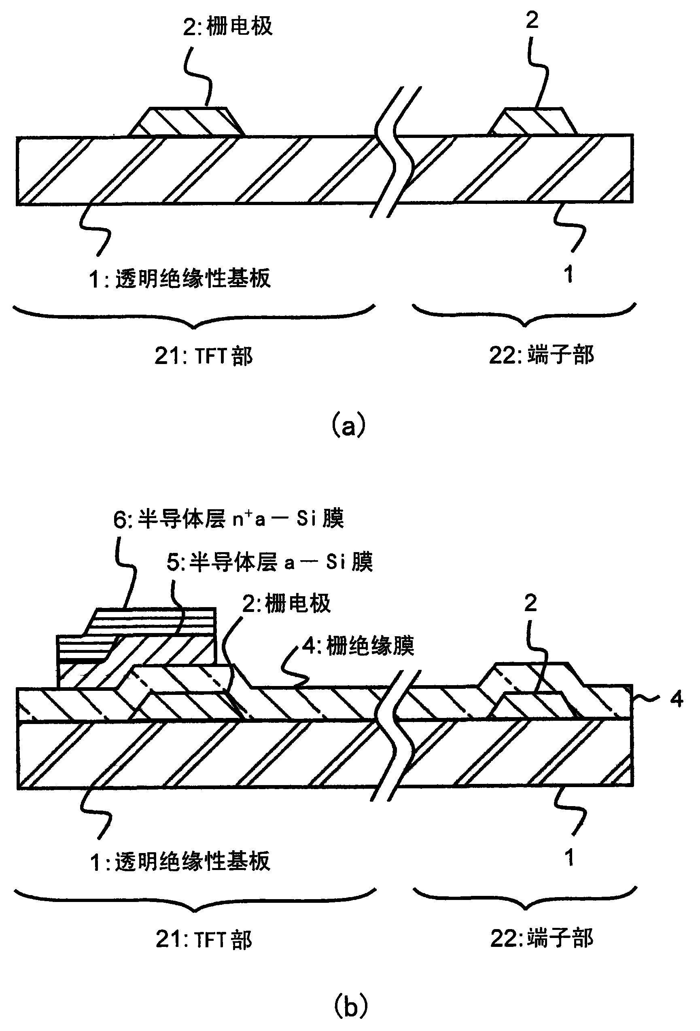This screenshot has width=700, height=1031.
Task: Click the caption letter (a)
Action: tap(349, 426)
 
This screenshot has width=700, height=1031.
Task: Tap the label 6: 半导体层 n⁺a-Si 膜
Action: tap(229, 519)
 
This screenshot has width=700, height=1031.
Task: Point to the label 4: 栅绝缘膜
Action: tap(358, 646)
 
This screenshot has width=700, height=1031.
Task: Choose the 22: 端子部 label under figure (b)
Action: tap(541, 938)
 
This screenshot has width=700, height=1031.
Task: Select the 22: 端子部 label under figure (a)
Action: tap(541, 355)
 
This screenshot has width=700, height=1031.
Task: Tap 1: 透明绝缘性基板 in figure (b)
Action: tap(180, 862)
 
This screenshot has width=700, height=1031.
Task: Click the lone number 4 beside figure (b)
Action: tap(677, 699)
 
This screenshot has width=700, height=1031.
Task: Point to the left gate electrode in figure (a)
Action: tap(187, 122)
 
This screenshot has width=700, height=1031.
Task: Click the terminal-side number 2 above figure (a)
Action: tap(532, 20)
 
